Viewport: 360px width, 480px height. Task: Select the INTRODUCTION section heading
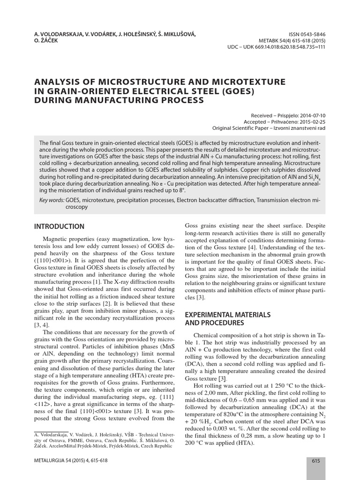coord(60,226)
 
